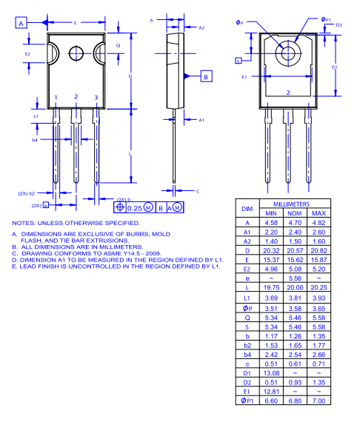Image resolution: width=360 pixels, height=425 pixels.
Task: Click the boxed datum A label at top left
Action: click(x=21, y=24)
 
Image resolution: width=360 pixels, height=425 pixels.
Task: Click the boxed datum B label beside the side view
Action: click(x=206, y=76)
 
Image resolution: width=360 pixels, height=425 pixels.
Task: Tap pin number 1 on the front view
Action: click(x=56, y=98)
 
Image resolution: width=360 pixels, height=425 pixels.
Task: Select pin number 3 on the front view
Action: click(x=96, y=98)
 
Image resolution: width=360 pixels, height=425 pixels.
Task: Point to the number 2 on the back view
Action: click(x=287, y=93)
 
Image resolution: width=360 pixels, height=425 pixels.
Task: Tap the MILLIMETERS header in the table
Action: click(x=290, y=203)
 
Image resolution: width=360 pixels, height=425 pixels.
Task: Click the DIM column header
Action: click(x=247, y=208)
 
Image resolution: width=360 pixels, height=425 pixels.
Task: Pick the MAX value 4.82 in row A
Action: click(x=318, y=222)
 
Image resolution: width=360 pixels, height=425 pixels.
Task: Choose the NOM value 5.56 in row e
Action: click(x=294, y=278)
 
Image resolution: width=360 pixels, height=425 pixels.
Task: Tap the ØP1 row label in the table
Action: click(x=247, y=401)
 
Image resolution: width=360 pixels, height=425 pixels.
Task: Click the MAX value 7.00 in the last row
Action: click(x=318, y=401)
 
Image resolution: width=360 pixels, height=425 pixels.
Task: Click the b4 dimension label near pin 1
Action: click(x=35, y=139)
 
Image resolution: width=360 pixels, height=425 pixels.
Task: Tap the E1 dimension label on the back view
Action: click(x=244, y=76)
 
